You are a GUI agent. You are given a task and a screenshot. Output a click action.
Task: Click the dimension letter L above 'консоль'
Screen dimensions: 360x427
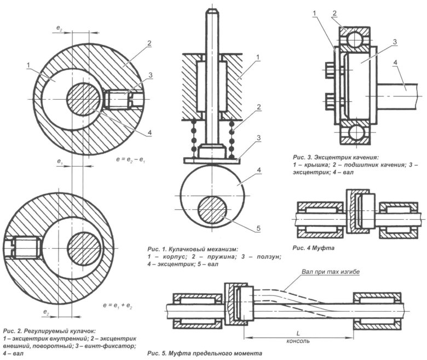[296, 333]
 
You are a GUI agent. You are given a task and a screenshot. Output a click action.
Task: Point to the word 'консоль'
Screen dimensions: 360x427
[296, 340]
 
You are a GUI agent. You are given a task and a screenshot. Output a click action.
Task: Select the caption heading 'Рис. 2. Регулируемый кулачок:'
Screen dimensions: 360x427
[49, 331]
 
